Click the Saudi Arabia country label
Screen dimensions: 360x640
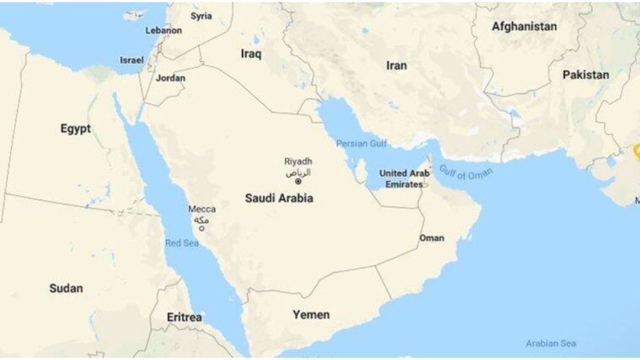pos(279,198)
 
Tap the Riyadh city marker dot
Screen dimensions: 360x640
pos(298,182)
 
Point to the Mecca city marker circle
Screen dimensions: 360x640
pos(202,229)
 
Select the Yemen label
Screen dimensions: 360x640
pos(311,314)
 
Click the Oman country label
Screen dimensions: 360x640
pos(432,238)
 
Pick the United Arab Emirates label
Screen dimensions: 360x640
pos(404,179)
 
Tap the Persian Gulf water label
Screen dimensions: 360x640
pos(361,144)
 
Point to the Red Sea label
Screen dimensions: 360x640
pos(181,243)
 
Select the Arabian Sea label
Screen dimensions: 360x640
pos(551,343)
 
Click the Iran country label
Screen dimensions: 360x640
pos(396,66)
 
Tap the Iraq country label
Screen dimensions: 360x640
pos(251,54)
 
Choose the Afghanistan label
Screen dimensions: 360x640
pos(524,27)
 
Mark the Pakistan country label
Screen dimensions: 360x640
pos(585,75)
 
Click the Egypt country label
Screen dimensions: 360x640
pos(76,129)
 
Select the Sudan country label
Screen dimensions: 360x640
pos(66,288)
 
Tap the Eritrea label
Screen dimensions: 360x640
pos(184,317)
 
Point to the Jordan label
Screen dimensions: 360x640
pos(171,78)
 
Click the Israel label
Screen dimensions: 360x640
pos(132,60)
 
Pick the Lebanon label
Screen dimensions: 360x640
pos(164,30)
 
